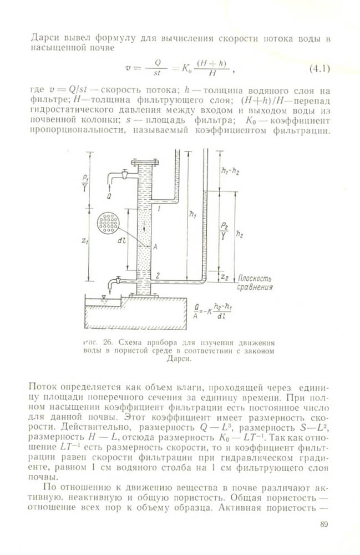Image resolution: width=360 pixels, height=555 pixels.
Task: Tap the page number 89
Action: [325, 525]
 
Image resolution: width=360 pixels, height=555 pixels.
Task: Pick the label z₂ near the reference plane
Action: [223, 276]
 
